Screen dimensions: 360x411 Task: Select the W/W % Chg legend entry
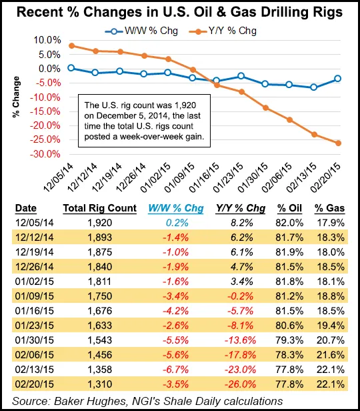(141, 31)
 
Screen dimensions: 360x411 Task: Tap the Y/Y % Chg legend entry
(223, 31)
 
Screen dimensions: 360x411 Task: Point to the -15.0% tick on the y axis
(45, 111)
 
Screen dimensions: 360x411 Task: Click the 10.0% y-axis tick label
(47, 40)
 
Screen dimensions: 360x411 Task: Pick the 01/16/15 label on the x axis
(204, 177)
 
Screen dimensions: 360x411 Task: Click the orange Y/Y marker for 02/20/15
(338, 143)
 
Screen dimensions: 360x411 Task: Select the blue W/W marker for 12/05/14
(71, 68)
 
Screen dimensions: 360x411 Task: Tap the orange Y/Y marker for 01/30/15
(265, 107)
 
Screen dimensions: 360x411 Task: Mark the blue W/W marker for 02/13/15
(313, 87)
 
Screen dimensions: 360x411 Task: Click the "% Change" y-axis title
(16, 97)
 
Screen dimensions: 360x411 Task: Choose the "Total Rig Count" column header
(100, 208)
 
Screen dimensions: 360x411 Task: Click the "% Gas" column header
(329, 208)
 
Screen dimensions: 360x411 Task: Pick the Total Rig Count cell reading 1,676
(100, 311)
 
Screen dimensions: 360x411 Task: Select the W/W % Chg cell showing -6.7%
(175, 370)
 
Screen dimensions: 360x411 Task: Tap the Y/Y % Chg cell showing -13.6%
(240, 340)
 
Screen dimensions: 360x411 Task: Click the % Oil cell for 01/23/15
(289, 326)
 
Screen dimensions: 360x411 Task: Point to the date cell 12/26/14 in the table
(34, 267)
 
